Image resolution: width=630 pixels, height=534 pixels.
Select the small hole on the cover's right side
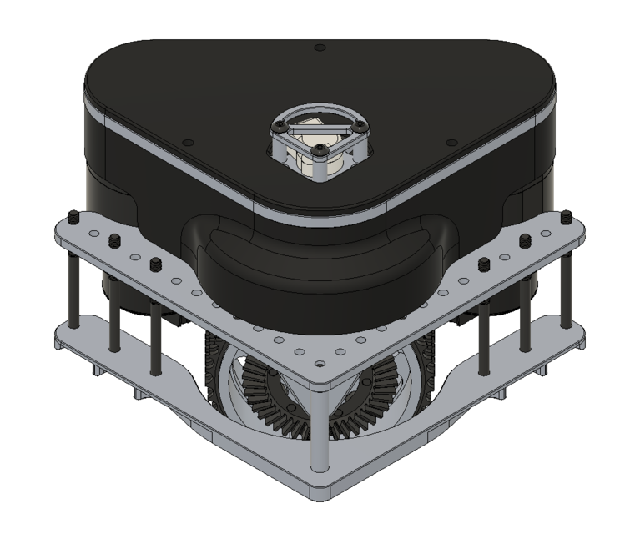450,142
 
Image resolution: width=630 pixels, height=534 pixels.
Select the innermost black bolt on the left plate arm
155,265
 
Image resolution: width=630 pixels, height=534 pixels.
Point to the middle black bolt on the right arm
525,242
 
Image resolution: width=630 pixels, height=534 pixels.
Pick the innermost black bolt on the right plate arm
484,265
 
